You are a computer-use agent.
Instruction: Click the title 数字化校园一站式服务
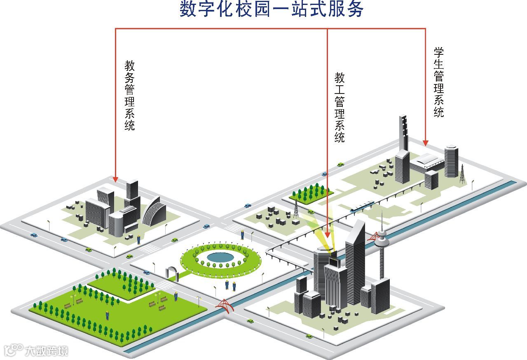click(272, 9)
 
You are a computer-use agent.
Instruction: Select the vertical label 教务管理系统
click(130, 95)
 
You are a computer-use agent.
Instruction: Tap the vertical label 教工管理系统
click(340, 108)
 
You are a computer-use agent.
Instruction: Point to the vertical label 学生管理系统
click(439, 82)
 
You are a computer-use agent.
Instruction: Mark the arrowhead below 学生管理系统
click(425, 143)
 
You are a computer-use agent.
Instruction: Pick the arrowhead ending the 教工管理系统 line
click(328, 234)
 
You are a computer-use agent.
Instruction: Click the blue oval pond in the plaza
click(220, 257)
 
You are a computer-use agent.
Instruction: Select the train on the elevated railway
click(362, 206)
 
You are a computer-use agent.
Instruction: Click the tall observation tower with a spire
click(382, 247)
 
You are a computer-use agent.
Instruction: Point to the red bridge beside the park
click(223, 305)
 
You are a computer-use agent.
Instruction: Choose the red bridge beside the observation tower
click(374, 237)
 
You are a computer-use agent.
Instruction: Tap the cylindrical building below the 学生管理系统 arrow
click(451, 161)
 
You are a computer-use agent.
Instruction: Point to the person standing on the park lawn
click(108, 315)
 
